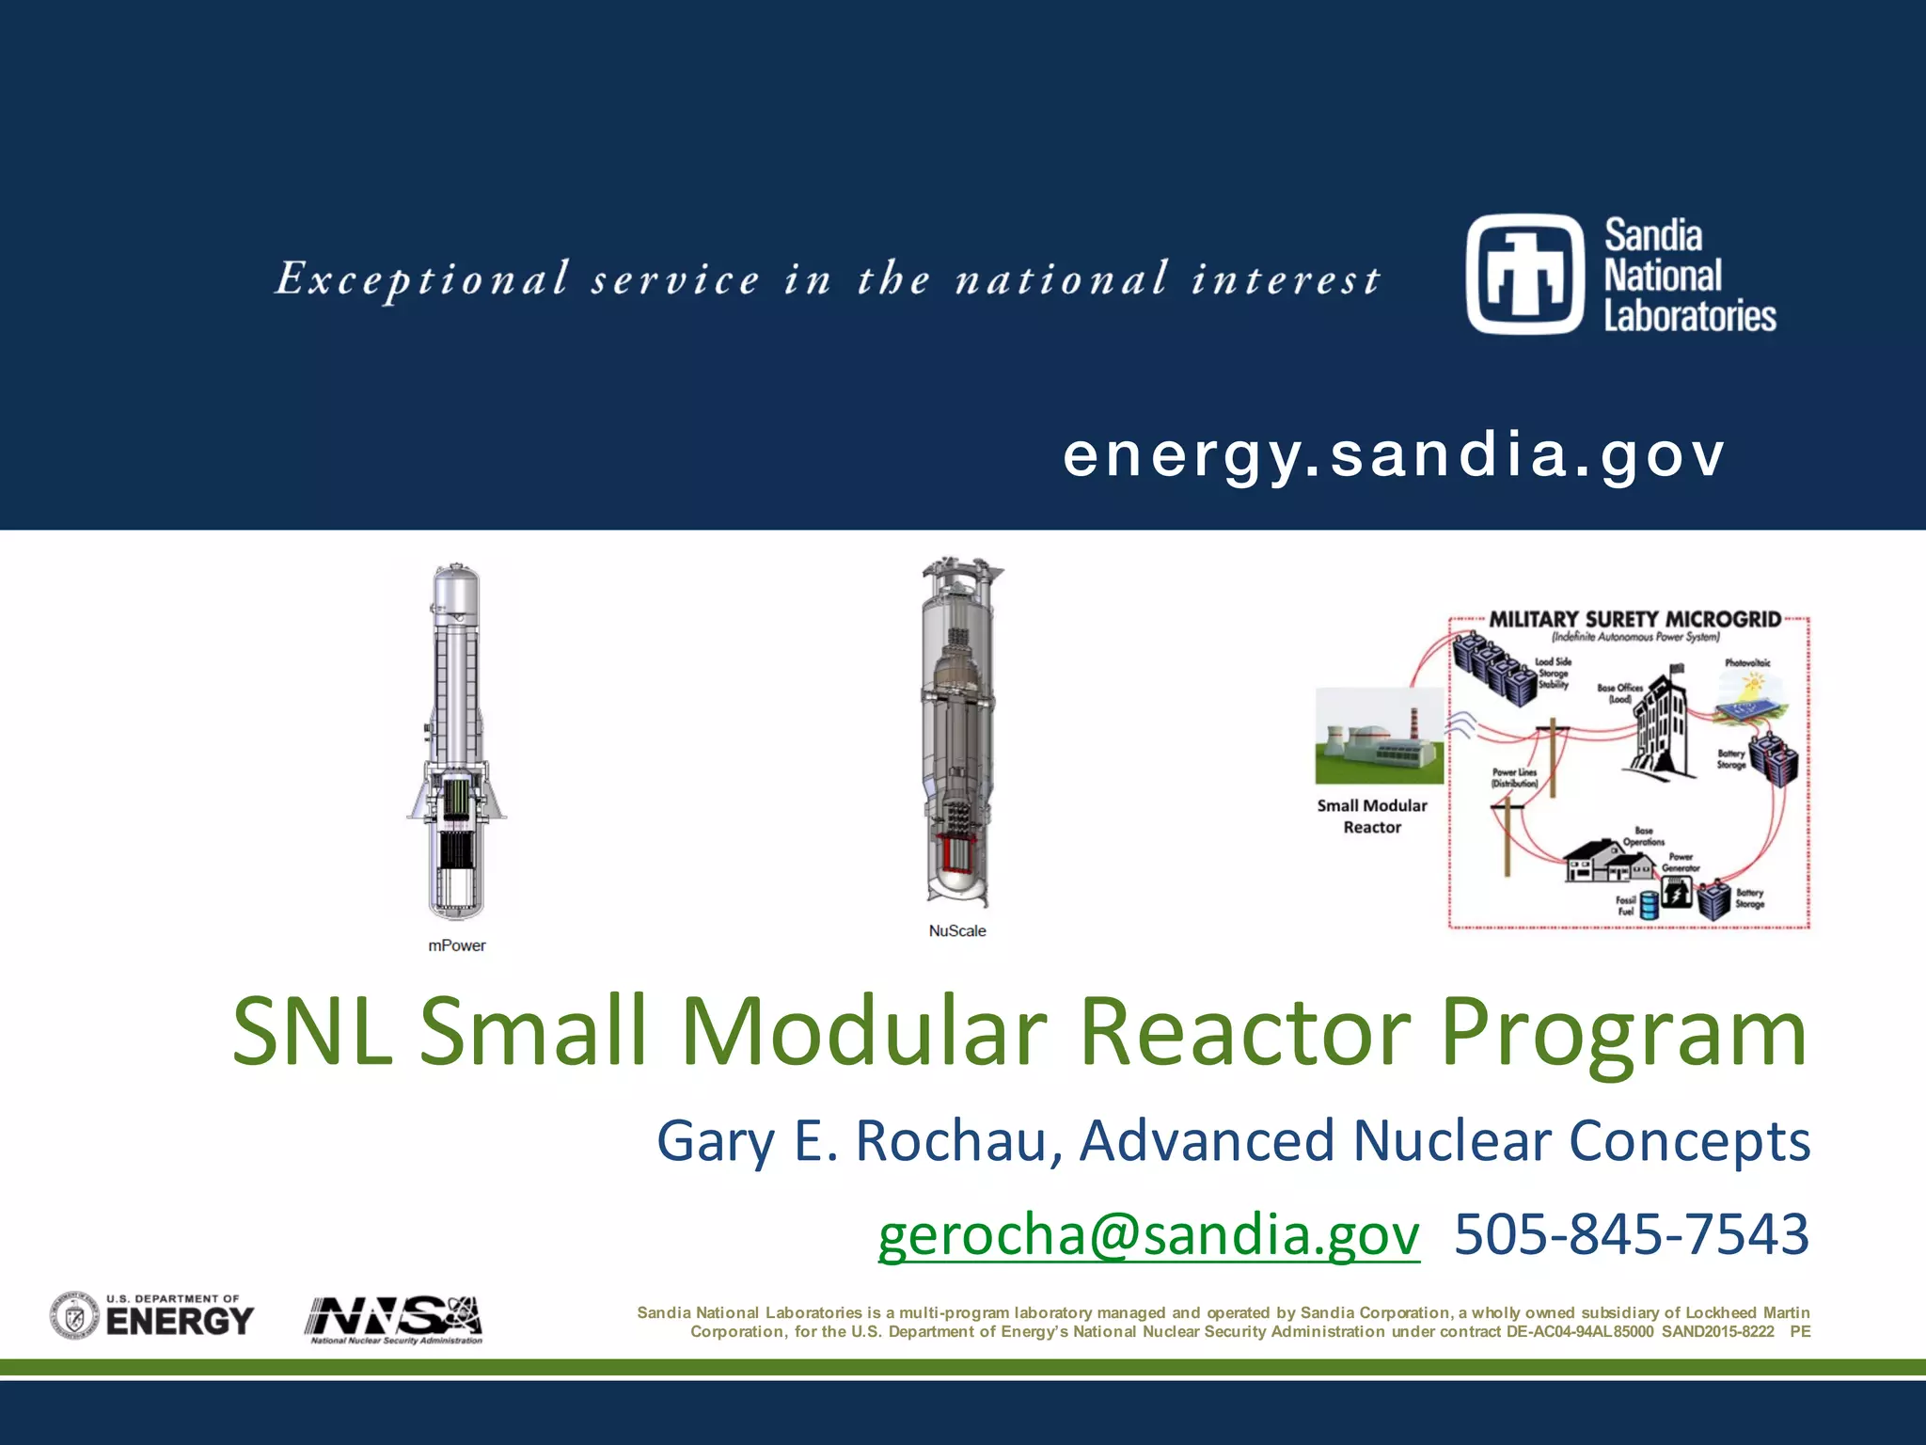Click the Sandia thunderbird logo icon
click(x=1525, y=274)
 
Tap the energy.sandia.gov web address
click(x=1394, y=455)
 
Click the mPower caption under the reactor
click(x=457, y=945)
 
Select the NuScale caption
click(x=957, y=930)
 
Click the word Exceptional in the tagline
click(x=422, y=279)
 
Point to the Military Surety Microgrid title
click(x=1634, y=619)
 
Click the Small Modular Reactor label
click(x=1372, y=816)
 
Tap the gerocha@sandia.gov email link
click(x=1148, y=1234)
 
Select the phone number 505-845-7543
click(x=1631, y=1234)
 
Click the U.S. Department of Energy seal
click(x=74, y=1316)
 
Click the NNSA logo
click(x=394, y=1319)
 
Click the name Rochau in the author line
click(x=958, y=1141)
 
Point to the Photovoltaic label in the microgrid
click(x=1747, y=663)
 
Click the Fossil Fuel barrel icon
click(x=1649, y=906)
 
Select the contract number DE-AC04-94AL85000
click(x=1579, y=1332)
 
